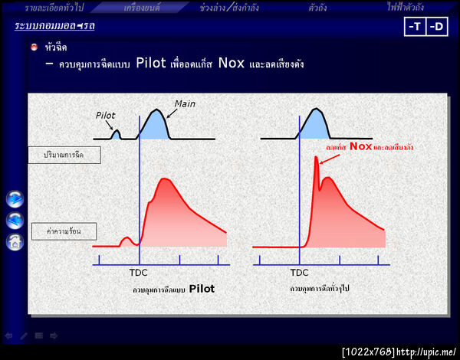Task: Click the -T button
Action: coord(415,26)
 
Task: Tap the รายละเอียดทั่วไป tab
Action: coord(54,7)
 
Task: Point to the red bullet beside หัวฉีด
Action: coord(34,47)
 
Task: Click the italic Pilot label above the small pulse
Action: coord(106,116)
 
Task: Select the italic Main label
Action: coord(186,103)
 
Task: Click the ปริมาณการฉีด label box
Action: coord(65,155)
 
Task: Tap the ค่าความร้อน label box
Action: coord(65,229)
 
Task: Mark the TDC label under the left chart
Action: coord(140,272)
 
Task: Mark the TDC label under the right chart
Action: coord(300,272)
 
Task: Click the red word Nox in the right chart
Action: coord(360,146)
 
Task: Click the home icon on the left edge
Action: coord(15,243)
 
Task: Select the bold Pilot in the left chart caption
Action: coord(202,289)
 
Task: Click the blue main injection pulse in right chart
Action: coord(314,126)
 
